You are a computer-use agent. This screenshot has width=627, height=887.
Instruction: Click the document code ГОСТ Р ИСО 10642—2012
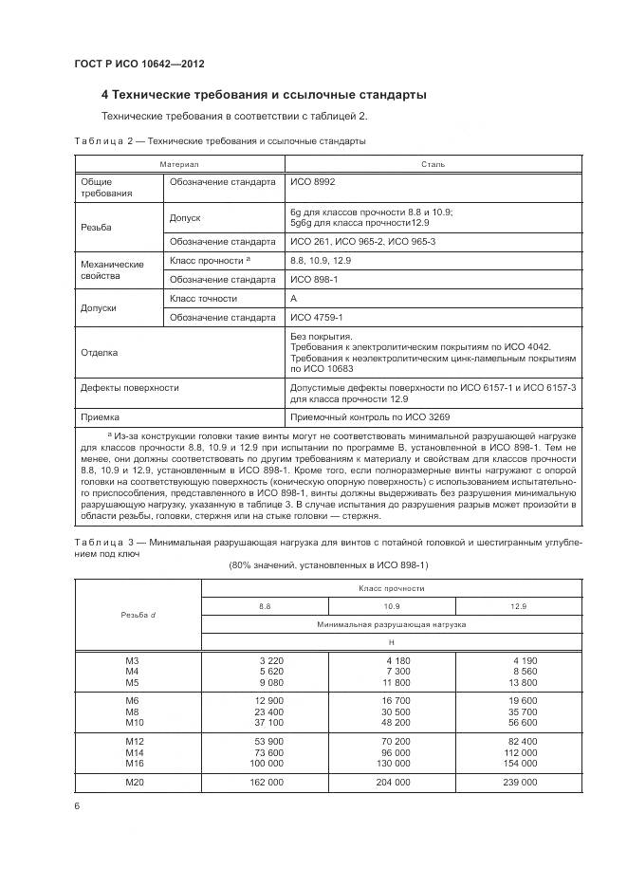point(139,64)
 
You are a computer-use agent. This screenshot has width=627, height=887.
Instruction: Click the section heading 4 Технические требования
point(264,95)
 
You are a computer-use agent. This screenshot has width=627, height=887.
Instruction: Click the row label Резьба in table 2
point(97,229)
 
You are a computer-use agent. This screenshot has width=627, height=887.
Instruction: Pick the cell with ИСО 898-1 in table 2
point(313,279)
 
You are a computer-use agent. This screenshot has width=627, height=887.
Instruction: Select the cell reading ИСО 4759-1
point(317,317)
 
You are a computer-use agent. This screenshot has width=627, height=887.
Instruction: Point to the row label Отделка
point(100,353)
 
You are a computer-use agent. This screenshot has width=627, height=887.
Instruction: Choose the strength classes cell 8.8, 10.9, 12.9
point(321,260)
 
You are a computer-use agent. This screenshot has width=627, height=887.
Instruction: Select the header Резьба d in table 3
point(138,615)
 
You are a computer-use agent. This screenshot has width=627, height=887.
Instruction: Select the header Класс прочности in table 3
point(392,587)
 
